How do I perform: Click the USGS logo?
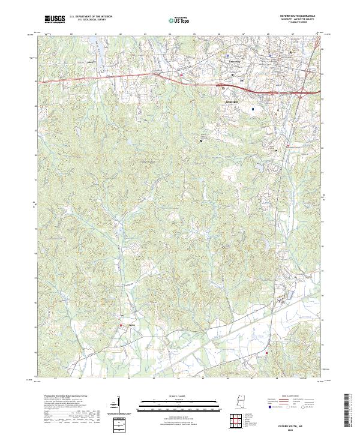point(55,19)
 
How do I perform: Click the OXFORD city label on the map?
point(232,103)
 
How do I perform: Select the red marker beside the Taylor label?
point(120,326)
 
